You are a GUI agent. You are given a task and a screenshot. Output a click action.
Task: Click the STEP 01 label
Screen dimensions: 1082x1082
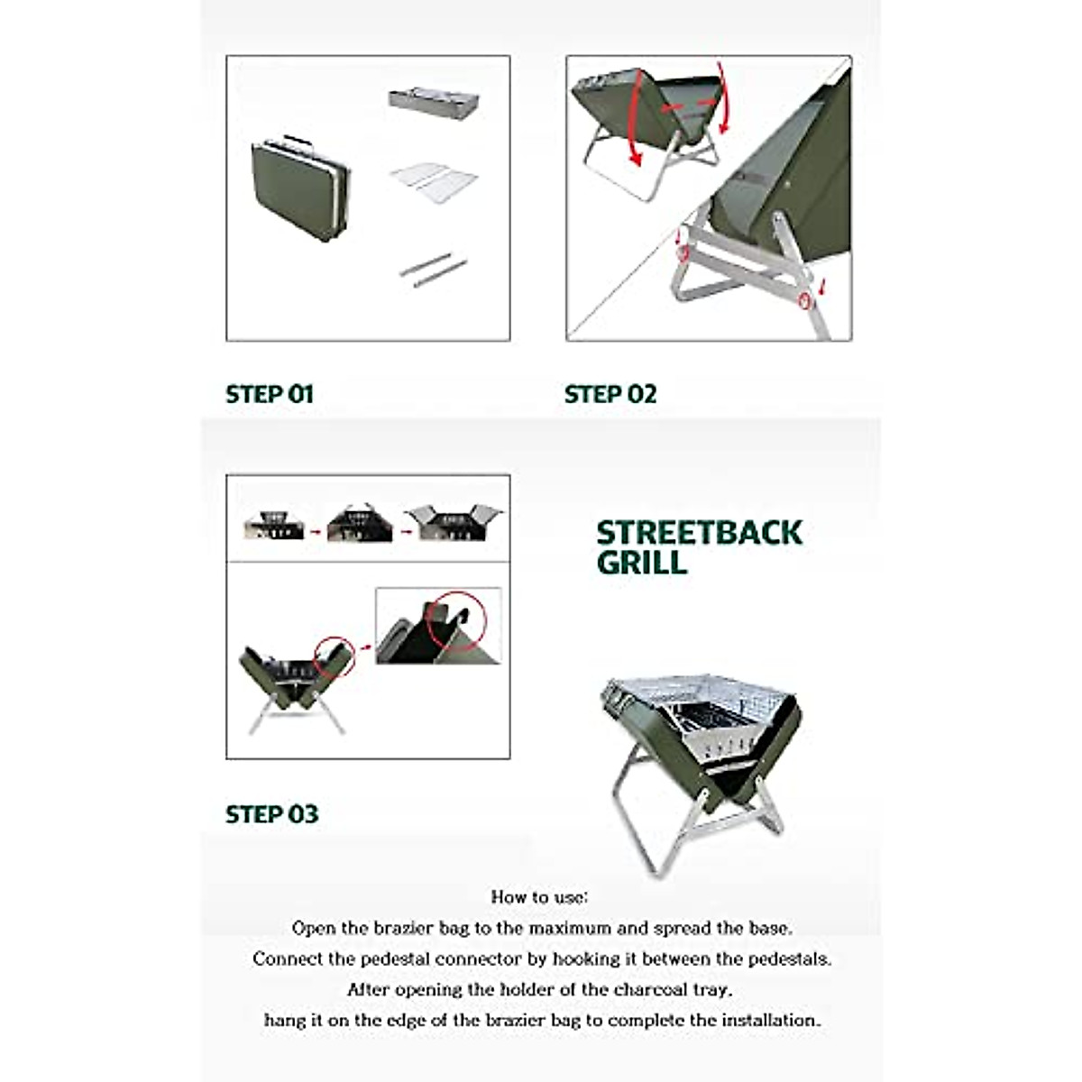[269, 394]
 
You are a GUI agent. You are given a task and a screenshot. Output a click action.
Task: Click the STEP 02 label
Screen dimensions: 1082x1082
[610, 394]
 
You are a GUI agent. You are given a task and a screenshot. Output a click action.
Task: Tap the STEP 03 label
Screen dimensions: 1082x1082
[271, 814]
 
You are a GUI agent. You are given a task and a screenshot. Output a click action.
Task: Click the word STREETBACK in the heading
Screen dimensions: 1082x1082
[699, 532]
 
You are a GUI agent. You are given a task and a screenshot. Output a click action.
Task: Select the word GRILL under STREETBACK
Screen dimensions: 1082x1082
[641, 563]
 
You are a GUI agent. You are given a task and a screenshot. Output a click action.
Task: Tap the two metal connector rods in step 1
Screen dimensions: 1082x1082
[434, 269]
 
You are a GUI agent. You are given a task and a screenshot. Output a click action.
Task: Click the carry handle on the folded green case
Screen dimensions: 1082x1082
[298, 141]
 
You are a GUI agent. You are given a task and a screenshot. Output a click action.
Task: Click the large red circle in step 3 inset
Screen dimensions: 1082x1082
[455, 620]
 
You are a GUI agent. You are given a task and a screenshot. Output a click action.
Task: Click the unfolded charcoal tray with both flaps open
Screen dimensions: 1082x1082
[454, 522]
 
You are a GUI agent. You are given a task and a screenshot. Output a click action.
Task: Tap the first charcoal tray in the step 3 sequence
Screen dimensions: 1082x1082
[273, 525]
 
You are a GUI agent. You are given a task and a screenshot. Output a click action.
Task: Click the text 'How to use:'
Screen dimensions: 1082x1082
[539, 896]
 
